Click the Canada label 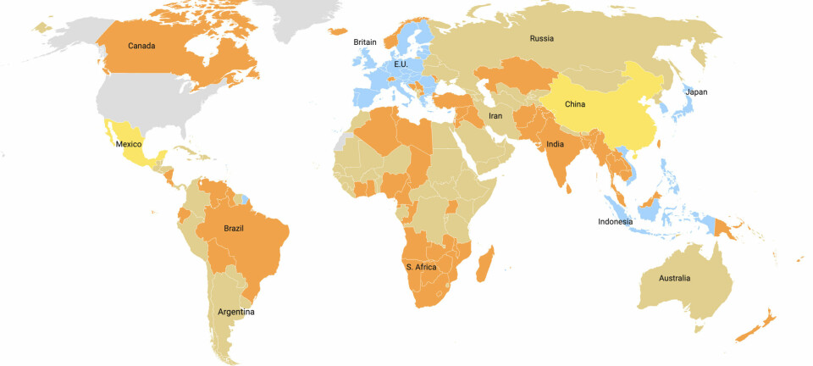click(x=141, y=46)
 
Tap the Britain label click(x=365, y=42)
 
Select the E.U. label click(x=401, y=63)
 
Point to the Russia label click(x=542, y=39)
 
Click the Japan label click(x=696, y=92)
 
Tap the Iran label click(x=496, y=116)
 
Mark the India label click(x=556, y=145)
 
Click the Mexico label click(x=129, y=144)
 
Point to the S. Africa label click(x=421, y=268)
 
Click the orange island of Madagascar click(x=485, y=263)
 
